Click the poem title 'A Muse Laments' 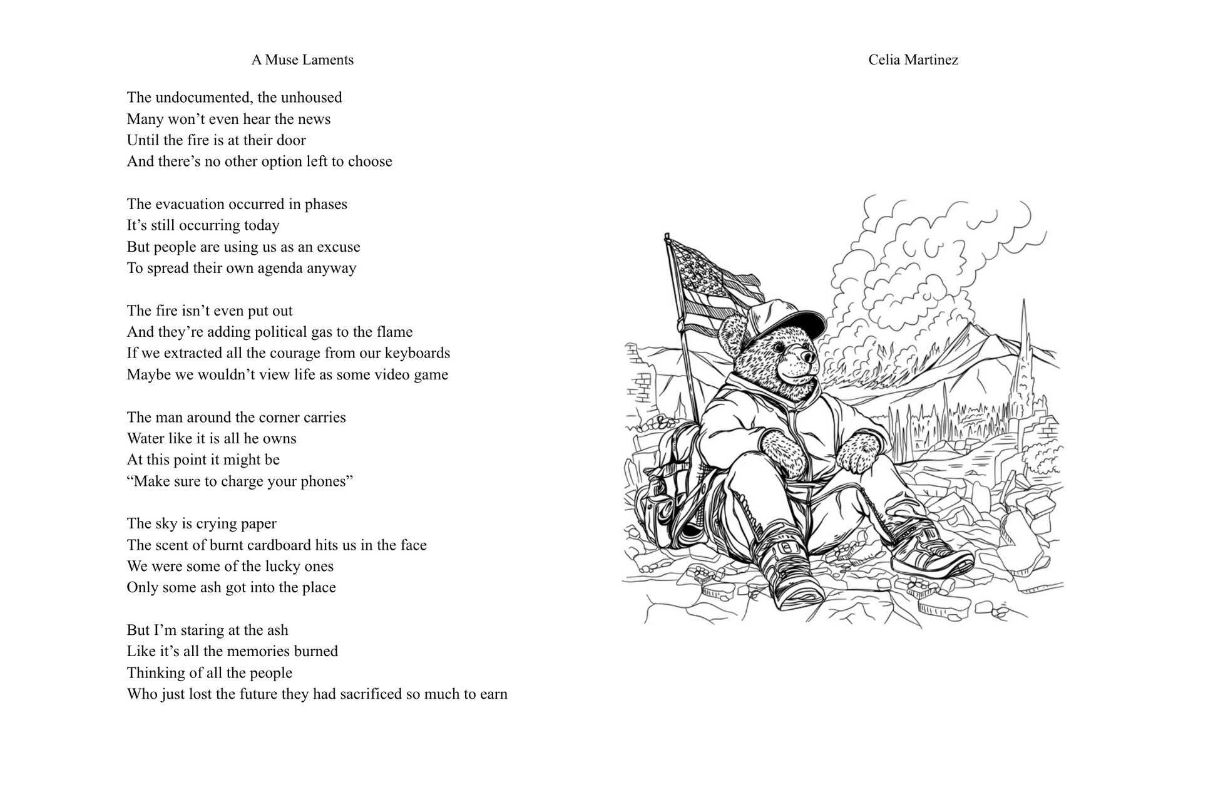tap(302, 60)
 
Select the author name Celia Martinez tap(913, 60)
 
